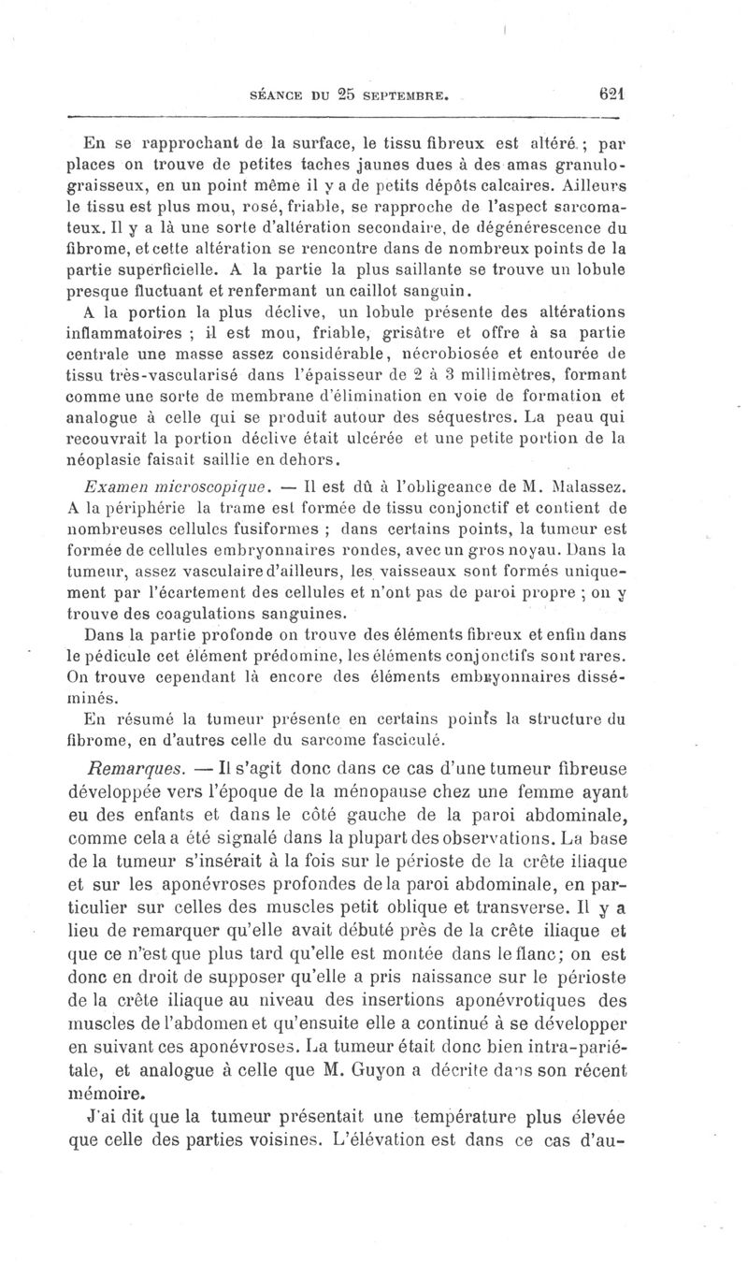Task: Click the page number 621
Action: point(611,94)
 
